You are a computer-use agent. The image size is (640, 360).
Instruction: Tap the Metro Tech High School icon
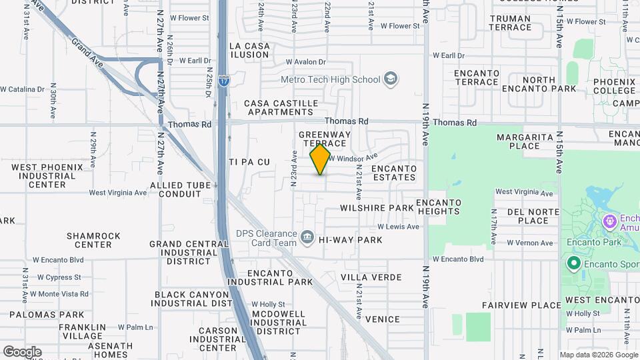[x=391, y=80]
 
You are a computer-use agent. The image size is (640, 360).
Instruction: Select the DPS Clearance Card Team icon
[x=307, y=237]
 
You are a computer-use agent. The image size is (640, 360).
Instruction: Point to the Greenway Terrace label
[x=325, y=139]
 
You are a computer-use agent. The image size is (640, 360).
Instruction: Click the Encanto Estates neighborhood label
[x=393, y=173]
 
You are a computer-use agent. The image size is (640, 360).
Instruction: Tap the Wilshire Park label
[x=377, y=208]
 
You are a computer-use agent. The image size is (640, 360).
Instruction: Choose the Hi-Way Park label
[x=350, y=240]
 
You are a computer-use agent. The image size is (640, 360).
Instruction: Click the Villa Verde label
[x=371, y=277]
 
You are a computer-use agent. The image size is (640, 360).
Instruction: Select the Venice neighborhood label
[x=383, y=319]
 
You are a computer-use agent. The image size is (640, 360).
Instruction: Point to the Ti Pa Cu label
[x=249, y=162]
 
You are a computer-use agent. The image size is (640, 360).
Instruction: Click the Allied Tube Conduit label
[x=175, y=189]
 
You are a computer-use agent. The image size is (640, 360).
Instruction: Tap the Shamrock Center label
[x=93, y=240]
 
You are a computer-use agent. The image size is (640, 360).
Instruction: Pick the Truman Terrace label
[x=510, y=23]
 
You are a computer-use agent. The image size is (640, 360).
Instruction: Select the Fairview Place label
[x=522, y=305]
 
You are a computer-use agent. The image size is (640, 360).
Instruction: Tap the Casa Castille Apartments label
[x=279, y=107]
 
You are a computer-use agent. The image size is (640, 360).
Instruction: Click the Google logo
[x=22, y=351]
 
